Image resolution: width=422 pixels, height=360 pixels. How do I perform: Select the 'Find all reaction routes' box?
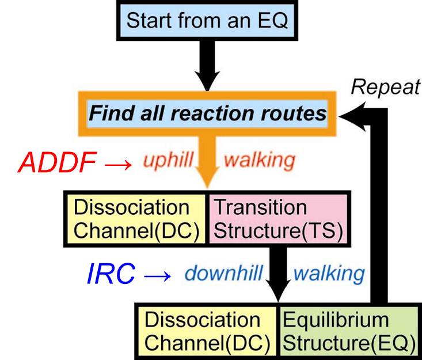(207, 113)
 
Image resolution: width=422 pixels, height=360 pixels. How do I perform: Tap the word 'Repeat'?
(386, 87)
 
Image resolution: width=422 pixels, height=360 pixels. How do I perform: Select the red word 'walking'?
(260, 160)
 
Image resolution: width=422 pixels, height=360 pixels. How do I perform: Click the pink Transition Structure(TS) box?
(277, 218)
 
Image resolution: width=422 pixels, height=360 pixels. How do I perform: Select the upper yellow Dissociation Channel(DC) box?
(136, 218)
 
